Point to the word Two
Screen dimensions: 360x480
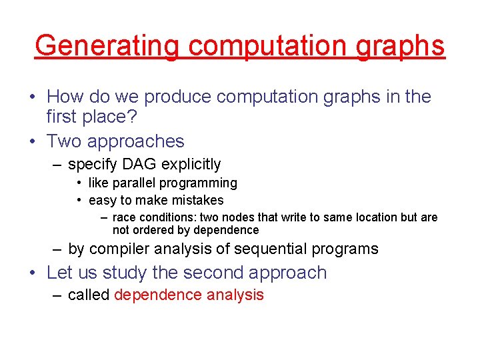coord(64,141)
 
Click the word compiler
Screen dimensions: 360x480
coord(119,249)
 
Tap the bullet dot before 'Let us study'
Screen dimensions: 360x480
coord(33,273)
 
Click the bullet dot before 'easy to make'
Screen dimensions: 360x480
coord(79,201)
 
